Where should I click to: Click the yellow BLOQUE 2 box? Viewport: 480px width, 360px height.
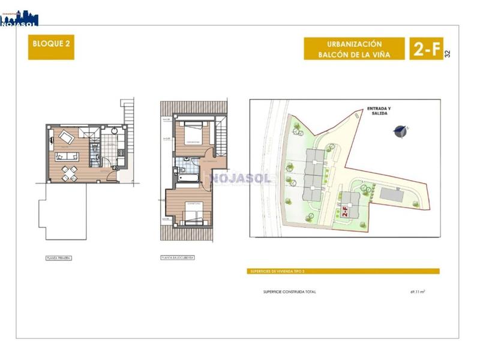51,48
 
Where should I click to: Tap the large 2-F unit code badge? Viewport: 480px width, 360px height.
425,49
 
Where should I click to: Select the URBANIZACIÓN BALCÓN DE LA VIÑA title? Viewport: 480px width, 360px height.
355,49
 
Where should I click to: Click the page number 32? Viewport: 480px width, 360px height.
447,53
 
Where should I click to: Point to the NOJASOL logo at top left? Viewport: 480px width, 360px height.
19,18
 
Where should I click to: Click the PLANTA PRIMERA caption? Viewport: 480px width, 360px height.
59,257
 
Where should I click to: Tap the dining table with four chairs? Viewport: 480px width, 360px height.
69,173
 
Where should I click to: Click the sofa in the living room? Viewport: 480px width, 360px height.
67,156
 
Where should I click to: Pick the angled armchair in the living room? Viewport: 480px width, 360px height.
67,138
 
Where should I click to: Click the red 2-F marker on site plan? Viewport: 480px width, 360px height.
345,212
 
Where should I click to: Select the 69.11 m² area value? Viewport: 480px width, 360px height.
418,292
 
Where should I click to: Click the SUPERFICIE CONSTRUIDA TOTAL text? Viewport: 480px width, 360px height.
289,292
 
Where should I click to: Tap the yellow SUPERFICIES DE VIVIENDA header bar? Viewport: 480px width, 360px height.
344,271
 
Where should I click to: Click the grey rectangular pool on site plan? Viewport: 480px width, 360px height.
392,195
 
